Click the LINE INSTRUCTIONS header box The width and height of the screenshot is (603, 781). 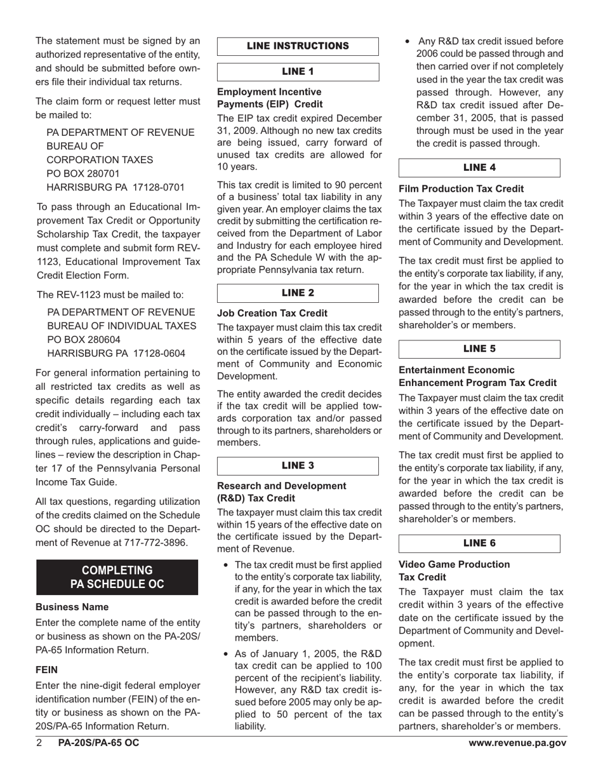coord(298,46)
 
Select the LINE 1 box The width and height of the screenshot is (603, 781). coord(298,72)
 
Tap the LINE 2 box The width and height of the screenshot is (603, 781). coord(298,293)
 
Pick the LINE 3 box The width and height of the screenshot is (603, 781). coord(298,465)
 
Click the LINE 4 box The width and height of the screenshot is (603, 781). coord(479,168)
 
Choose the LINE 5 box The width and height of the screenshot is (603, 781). coord(479,349)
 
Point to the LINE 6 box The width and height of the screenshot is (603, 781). coord(479,544)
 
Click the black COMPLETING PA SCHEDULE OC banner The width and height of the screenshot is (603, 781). coord(117,577)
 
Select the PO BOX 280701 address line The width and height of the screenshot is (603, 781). coord(84,173)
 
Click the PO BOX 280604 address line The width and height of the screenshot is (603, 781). coord(84,340)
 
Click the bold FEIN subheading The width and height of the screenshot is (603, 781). coord(48,669)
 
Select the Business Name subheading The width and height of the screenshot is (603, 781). coord(72,607)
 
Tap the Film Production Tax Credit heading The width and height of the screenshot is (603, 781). coord(461,189)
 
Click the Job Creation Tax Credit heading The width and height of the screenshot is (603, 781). coord(272,313)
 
